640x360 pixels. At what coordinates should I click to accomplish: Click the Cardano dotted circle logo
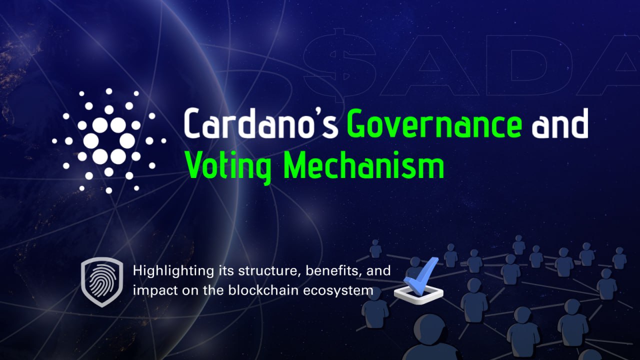point(109,140)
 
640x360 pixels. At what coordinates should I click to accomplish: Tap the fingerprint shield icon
point(102,281)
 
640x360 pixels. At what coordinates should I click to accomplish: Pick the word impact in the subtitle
point(148,290)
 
